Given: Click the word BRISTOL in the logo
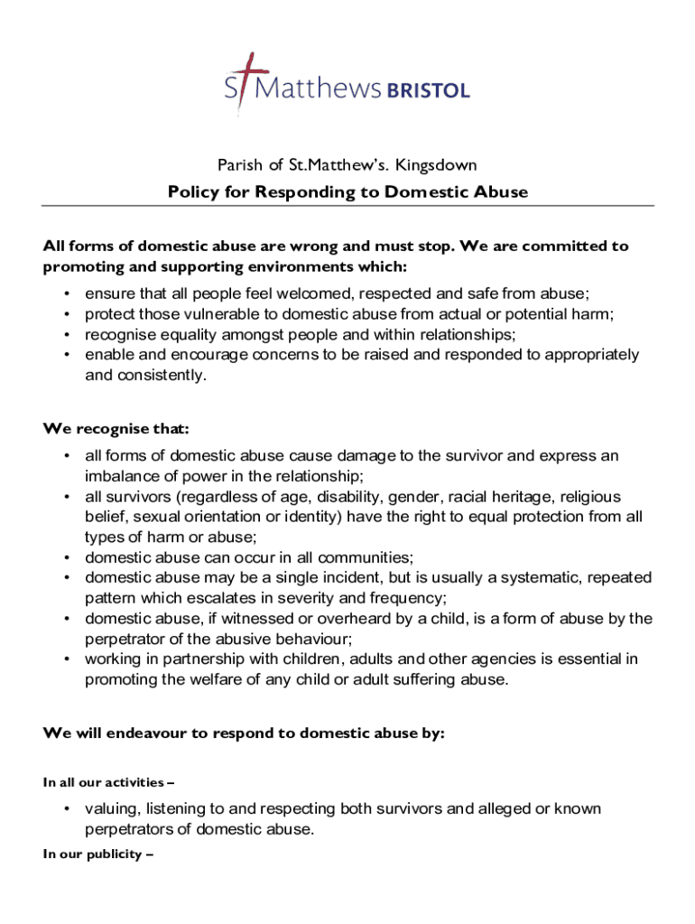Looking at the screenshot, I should coord(428,90).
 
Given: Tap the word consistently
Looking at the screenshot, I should coord(160,374).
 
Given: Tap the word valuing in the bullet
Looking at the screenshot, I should coord(112,808).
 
